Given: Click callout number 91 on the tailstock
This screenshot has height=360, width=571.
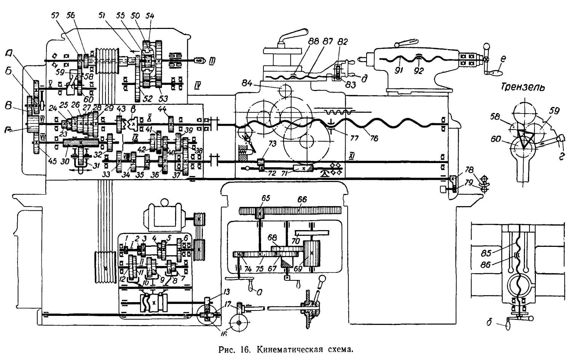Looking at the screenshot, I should [x=399, y=71].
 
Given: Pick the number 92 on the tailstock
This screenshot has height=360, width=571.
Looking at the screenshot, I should [x=419, y=71].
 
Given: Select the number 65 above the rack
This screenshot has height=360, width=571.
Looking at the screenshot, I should [x=265, y=199].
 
